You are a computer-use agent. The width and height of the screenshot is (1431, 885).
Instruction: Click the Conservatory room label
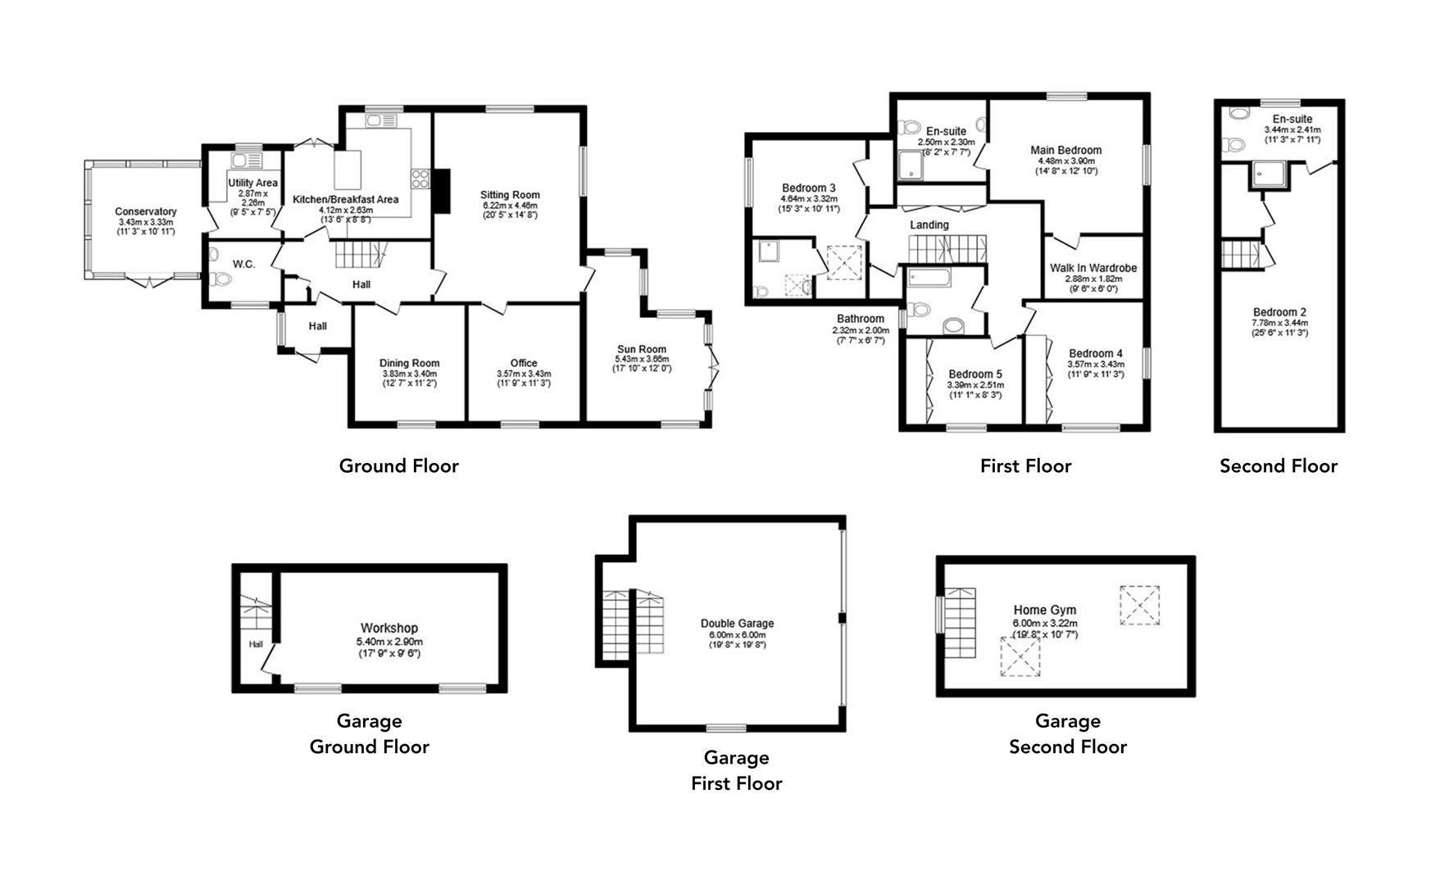pyautogui.click(x=145, y=211)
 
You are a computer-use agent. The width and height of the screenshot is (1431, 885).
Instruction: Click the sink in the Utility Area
pyautogui.click(x=243, y=160)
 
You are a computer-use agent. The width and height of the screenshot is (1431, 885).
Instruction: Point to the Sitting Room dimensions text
pyautogui.click(x=510, y=210)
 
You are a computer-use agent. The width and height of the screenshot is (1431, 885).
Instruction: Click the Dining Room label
pyautogui.click(x=409, y=363)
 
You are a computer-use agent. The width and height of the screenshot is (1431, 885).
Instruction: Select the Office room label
pyautogui.click(x=523, y=363)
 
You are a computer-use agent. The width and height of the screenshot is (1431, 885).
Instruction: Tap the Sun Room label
pyautogui.click(x=641, y=349)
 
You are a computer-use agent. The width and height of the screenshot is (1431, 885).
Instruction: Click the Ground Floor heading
pyautogui.click(x=398, y=466)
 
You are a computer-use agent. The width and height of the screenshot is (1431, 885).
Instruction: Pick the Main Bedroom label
pyautogui.click(x=1065, y=150)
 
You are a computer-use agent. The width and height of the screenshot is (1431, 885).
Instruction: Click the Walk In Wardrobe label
pyautogui.click(x=1093, y=268)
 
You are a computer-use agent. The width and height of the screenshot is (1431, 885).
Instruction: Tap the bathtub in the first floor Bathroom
pyautogui.click(x=929, y=278)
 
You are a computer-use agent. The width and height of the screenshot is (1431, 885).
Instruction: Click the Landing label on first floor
pyautogui.click(x=929, y=225)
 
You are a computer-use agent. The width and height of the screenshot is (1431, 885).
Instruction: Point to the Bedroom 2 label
pyautogui.click(x=1279, y=312)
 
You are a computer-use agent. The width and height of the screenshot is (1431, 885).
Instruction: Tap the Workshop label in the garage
pyautogui.click(x=388, y=629)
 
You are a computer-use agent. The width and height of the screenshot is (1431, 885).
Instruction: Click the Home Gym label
pyautogui.click(x=1044, y=610)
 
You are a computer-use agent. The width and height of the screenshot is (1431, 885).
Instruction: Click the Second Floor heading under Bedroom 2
pyautogui.click(x=1278, y=466)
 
